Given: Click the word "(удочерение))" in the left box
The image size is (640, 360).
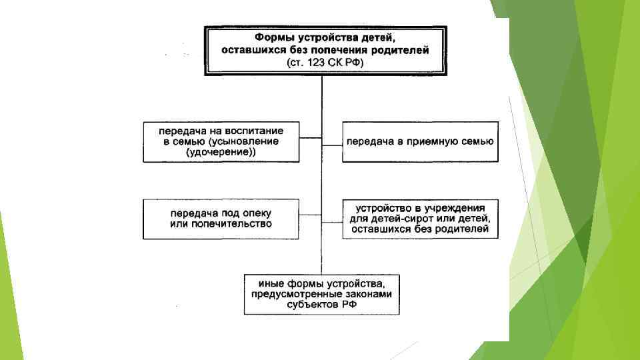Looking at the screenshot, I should pos(221,153).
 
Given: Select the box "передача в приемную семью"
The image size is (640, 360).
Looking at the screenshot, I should pos(420,141).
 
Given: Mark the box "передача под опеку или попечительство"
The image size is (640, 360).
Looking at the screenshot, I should pos(220,219).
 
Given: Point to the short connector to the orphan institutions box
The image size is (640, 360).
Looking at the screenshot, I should pos(332,219).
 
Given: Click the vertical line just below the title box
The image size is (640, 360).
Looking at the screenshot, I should pos(321,90).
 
